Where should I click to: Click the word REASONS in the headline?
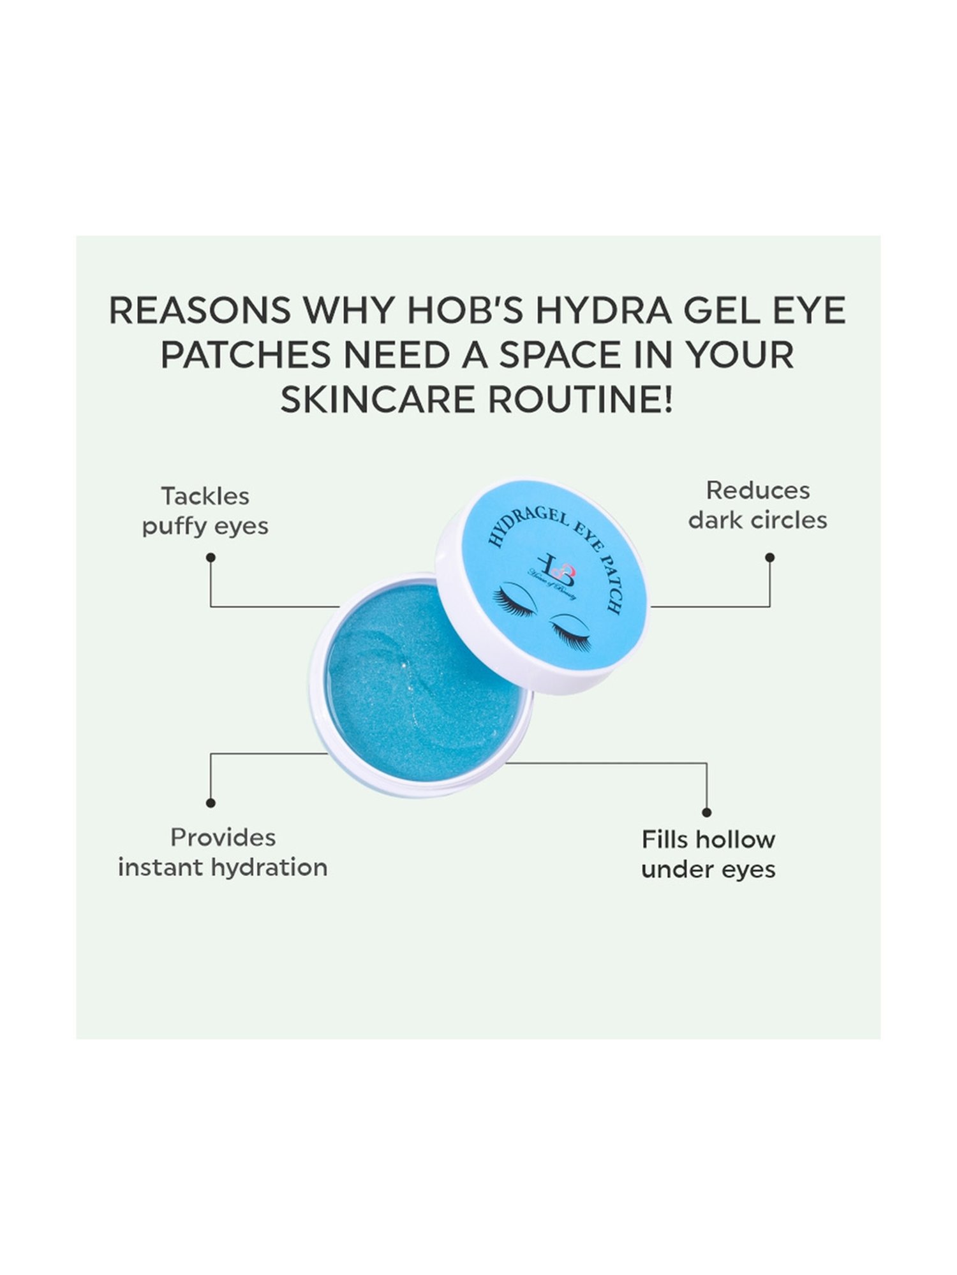tap(199, 310)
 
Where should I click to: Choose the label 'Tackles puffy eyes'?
tap(205, 511)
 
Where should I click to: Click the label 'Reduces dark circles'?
tap(757, 506)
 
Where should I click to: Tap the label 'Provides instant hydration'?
tap(223, 852)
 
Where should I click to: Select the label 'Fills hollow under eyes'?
tap(708, 854)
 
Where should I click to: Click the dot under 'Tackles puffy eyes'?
tap(211, 557)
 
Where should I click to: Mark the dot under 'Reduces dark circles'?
tap(769, 557)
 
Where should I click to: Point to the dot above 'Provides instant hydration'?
tap(211, 803)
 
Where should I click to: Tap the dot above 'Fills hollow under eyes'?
tap(706, 812)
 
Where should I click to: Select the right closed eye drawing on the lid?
tap(571, 631)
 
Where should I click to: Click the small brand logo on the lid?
tap(556, 569)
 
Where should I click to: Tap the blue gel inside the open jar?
tap(421, 688)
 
